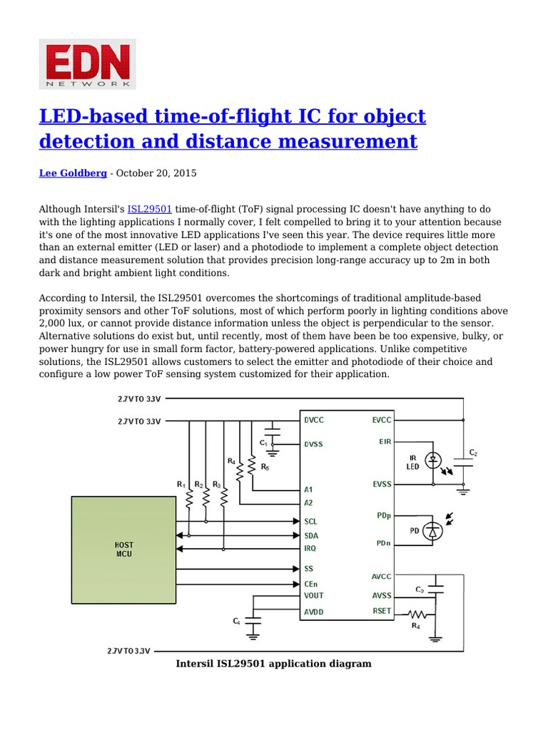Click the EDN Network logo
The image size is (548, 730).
[86, 64]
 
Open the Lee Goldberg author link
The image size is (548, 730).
[72, 173]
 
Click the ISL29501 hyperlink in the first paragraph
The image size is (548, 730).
[149, 210]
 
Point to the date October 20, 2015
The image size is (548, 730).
[156, 173]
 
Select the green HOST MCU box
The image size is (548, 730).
[123, 549]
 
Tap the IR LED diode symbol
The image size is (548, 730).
[432, 461]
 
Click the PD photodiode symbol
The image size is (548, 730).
[432, 530]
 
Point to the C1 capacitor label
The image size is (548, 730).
[263, 443]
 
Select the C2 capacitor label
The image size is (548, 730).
[473, 453]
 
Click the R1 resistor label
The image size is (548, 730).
[181, 485]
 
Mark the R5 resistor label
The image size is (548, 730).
[265, 467]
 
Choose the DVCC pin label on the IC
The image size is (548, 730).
[314, 421]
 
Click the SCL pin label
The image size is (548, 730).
[311, 521]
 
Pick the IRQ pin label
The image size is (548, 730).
[311, 548]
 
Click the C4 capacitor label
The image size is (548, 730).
[237, 622]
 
